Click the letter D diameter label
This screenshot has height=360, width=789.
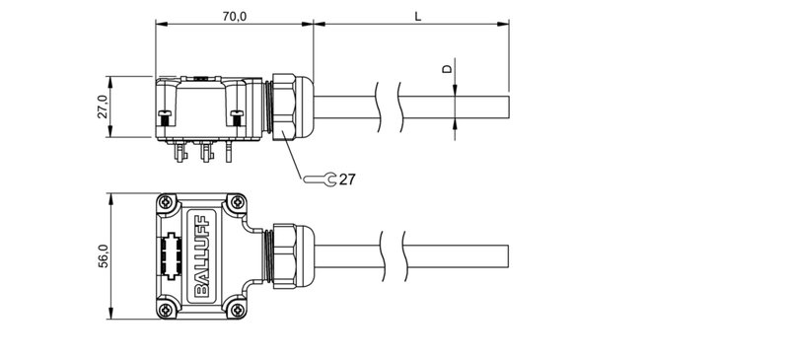tap(446, 69)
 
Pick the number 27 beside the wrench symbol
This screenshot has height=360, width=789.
tap(346, 179)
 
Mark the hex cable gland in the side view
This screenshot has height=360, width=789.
tap(287, 106)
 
